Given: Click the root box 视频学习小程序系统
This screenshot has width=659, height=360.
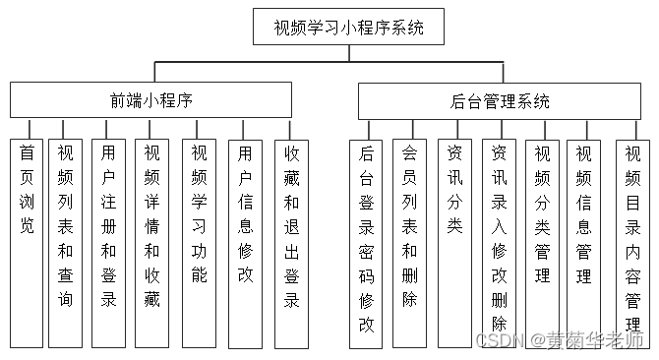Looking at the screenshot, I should click(x=349, y=28).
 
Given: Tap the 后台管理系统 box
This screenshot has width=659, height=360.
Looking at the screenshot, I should click(x=500, y=101).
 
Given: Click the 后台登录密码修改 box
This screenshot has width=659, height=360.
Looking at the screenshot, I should click(x=366, y=242).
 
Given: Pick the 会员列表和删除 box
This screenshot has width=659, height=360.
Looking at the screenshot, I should click(x=409, y=242).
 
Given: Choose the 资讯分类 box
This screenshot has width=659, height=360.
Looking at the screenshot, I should click(x=454, y=242).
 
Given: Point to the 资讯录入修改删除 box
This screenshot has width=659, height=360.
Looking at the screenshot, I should click(x=499, y=242).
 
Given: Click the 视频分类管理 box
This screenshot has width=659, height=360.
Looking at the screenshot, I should click(x=542, y=242).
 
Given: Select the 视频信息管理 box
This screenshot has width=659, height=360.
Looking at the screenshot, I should click(x=584, y=242).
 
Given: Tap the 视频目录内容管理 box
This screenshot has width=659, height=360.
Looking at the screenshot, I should click(x=632, y=242).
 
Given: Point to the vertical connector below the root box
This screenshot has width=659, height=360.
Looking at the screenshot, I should click(x=349, y=52).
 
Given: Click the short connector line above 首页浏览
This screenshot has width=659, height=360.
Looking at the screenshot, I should click(x=30, y=128).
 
